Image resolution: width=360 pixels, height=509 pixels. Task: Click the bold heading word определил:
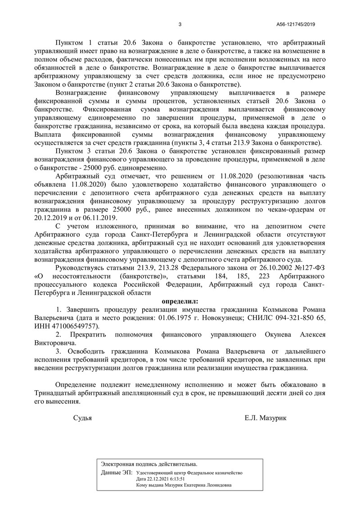(x=180, y=301)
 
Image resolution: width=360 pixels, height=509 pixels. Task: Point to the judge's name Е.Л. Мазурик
(x=265, y=418)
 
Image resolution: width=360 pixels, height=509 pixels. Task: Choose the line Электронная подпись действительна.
(x=149, y=464)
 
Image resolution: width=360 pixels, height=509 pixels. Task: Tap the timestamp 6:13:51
(x=182, y=479)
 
